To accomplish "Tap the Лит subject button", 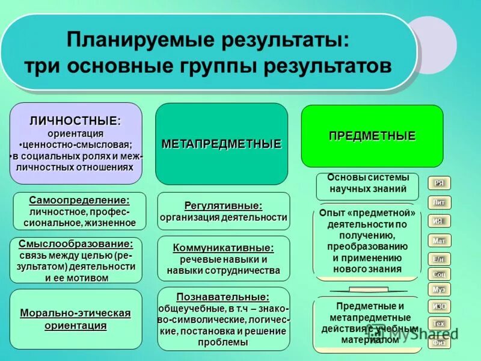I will pyautogui.click(x=439, y=202).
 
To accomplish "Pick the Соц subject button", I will pyautogui.click(x=439, y=274).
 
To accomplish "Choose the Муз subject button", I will pyautogui.click(x=439, y=289).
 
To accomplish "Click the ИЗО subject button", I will pyautogui.click(x=439, y=307).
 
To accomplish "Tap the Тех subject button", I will pyautogui.click(x=439, y=324).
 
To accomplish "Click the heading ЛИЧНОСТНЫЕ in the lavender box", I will pyautogui.click(x=75, y=121).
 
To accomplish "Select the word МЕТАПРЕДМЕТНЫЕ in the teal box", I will pyautogui.click(x=221, y=144).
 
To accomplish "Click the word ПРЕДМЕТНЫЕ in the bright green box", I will pyautogui.click(x=372, y=136).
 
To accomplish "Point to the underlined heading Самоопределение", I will pyautogui.click(x=79, y=200).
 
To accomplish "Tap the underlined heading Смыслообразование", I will pyautogui.click(x=76, y=244).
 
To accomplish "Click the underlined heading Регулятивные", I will pyautogui.click(x=223, y=205).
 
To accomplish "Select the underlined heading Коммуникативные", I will pyautogui.click(x=223, y=247).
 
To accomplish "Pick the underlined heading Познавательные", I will pyautogui.click(x=223, y=297).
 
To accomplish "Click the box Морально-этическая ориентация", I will pyautogui.click(x=76, y=319).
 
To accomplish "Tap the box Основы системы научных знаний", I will pyautogui.click(x=368, y=184).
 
